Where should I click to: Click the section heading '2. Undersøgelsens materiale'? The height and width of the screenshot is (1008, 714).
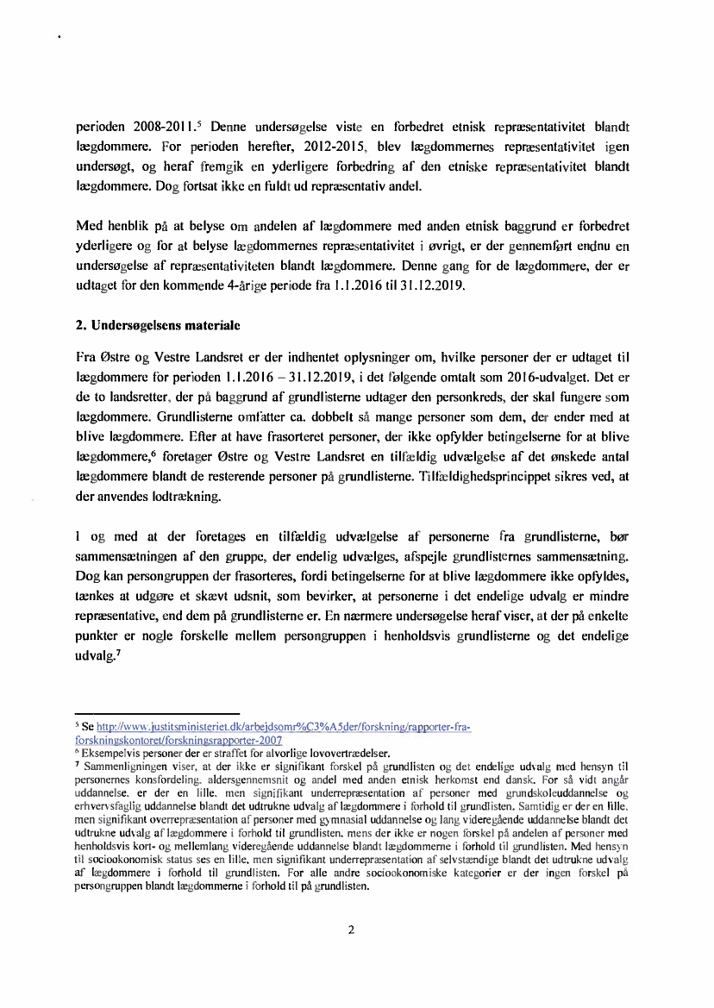click(x=158, y=327)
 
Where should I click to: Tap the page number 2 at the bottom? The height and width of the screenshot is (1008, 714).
click(x=351, y=930)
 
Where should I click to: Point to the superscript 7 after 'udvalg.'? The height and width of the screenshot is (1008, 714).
click(x=116, y=654)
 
